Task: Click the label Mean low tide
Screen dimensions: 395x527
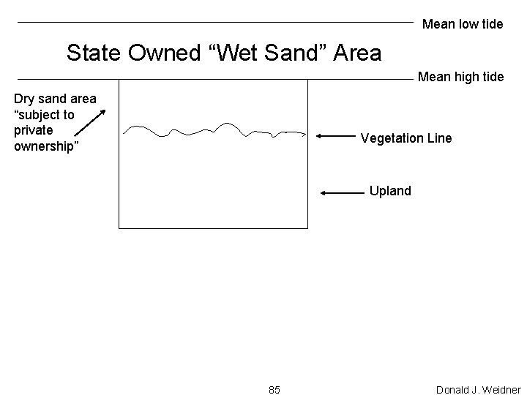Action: tap(463, 24)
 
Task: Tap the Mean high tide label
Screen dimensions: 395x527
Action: tap(460, 76)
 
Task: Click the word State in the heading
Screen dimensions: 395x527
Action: tap(95, 53)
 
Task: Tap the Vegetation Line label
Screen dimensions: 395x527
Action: tap(406, 138)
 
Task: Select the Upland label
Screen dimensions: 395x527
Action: tap(390, 191)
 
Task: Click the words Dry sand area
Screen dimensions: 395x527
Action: tap(55, 99)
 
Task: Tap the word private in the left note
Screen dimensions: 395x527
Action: tap(33, 130)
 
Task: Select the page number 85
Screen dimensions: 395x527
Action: tap(274, 388)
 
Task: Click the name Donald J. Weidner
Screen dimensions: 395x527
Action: tap(478, 388)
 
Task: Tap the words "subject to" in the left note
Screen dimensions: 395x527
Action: tap(44, 115)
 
